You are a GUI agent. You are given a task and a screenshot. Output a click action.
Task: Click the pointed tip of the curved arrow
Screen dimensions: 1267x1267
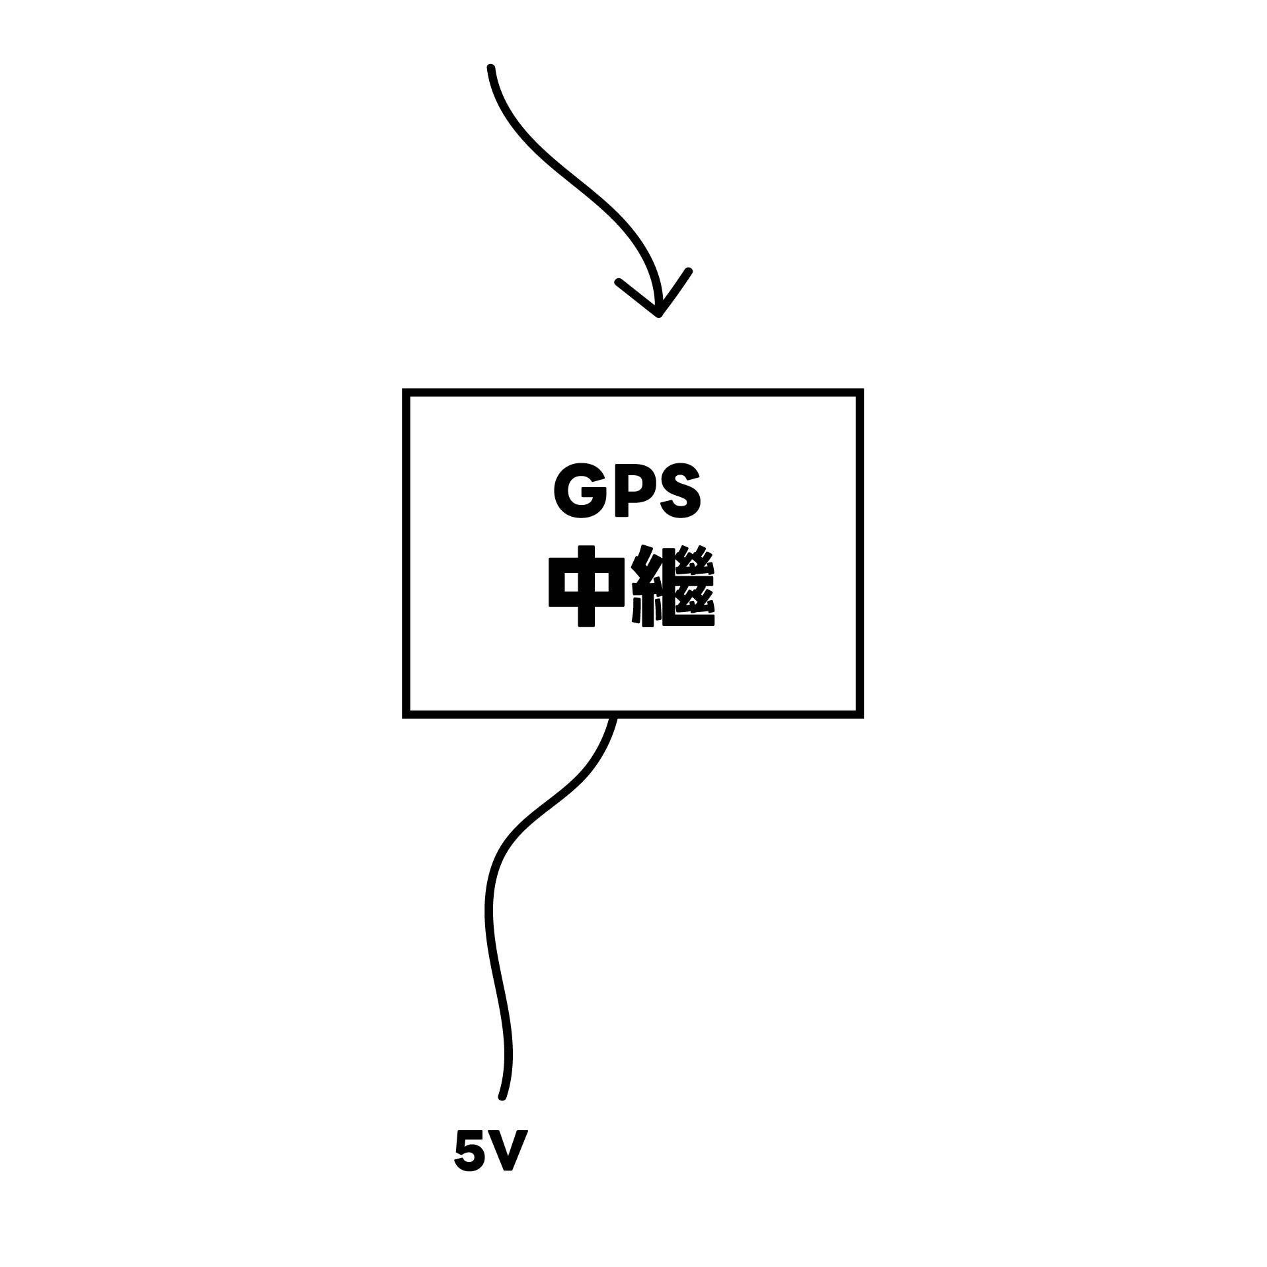coord(658,314)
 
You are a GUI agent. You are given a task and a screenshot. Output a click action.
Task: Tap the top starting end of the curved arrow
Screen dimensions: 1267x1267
coord(490,67)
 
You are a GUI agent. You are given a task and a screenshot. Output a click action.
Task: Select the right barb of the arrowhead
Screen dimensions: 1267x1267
coord(689,271)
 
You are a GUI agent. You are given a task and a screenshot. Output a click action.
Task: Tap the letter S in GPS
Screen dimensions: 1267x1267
coord(679,493)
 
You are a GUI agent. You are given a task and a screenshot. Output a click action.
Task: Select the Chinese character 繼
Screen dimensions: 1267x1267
coord(673,586)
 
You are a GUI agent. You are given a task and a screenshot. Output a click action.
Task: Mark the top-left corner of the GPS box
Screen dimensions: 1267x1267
coord(406,393)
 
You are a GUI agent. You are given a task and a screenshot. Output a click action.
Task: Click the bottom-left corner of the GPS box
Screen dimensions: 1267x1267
coord(406,714)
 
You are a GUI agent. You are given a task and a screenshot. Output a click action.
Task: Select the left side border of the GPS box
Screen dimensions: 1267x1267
coord(406,553)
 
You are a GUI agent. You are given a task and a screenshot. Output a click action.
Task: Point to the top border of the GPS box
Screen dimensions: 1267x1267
coord(633,393)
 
